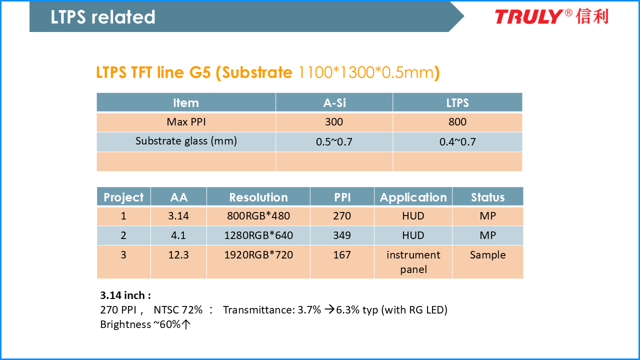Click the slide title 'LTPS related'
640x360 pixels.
103,17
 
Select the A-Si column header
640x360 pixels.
334,103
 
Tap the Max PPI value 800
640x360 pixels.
457,122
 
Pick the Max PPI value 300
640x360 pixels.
333,122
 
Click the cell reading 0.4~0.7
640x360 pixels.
457,141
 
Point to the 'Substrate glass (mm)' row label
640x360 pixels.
186,141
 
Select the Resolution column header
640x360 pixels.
258,197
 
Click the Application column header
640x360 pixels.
413,197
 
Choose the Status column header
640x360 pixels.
487,197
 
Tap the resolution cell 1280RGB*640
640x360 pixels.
258,235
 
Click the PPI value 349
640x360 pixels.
342,235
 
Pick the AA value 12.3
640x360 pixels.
178,255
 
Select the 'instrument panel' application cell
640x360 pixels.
413,262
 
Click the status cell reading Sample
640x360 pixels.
487,255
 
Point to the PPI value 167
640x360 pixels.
342,255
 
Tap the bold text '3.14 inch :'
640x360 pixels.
125,295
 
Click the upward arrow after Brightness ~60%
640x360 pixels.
186,324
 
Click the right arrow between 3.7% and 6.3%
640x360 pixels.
329,309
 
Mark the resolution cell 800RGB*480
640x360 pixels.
258,216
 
